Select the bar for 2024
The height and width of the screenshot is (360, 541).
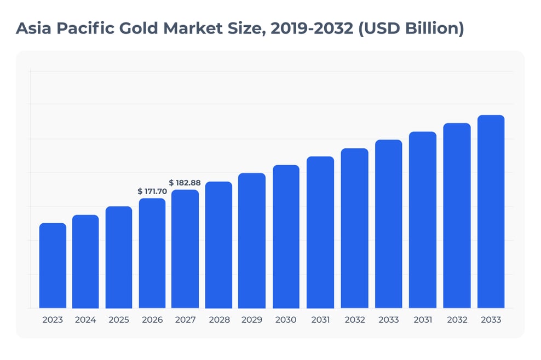point(85,262)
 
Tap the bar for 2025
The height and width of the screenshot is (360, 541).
point(119,257)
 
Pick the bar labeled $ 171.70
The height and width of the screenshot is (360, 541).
point(152,253)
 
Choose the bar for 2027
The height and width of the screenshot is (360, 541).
point(185,249)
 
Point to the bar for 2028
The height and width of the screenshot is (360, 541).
point(218,245)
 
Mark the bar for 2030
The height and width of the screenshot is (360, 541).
point(286,236)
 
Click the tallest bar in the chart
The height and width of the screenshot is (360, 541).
point(491,211)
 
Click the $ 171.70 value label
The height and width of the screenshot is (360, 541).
point(152,191)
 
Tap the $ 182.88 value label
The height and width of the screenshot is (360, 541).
point(185,183)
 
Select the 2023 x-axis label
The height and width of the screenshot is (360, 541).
point(53,320)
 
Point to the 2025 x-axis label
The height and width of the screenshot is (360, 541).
point(119,320)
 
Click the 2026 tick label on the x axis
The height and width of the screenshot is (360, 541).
point(152,320)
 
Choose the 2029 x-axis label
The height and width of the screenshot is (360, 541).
point(252,320)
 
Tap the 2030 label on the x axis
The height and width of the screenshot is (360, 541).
point(286,320)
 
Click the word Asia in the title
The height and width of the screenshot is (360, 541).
point(34,28)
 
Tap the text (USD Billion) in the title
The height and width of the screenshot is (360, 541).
point(411,28)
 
